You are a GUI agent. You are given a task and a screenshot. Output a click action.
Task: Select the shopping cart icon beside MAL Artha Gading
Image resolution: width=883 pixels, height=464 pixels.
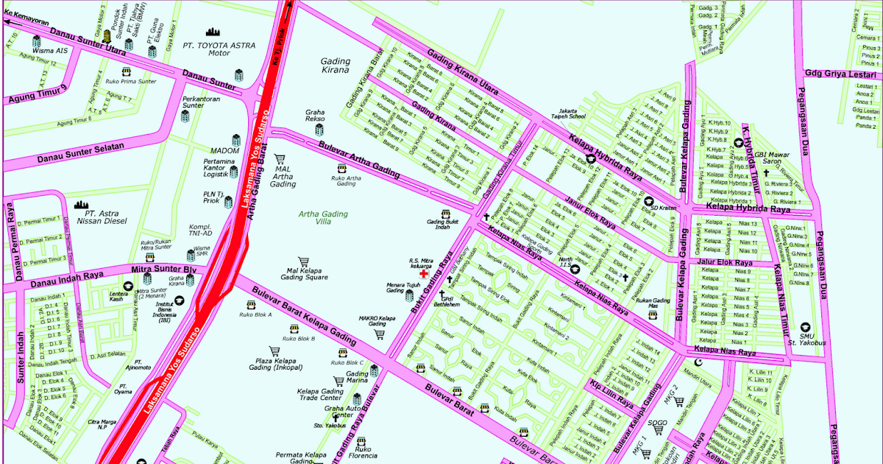[x=280, y=158]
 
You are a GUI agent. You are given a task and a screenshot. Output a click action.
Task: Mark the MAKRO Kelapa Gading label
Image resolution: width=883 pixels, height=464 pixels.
[x=377, y=320]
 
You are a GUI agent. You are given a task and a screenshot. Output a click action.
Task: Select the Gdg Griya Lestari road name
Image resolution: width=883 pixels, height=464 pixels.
[x=841, y=74]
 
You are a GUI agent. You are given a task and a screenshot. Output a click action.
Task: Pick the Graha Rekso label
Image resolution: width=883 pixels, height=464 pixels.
[x=315, y=116]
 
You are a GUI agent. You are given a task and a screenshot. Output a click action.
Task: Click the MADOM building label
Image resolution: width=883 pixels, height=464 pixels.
[x=224, y=150]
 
